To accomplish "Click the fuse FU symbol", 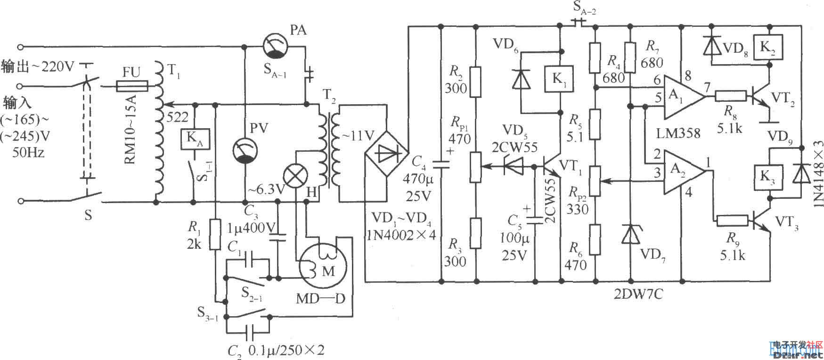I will coord(131,86).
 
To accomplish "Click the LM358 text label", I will coord(678,133).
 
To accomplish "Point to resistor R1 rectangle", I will coord(215,234).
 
